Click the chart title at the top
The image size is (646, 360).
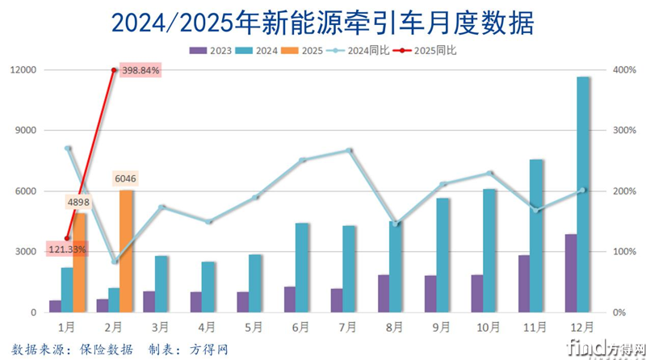[323, 22]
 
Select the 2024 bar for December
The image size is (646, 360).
[583, 194]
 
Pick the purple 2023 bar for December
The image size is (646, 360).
[570, 273]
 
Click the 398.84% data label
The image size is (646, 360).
[141, 70]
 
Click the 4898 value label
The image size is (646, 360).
[79, 202]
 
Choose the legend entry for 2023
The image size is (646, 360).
[212, 51]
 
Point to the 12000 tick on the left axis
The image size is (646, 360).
[25, 70]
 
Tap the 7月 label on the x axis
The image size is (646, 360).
[348, 327]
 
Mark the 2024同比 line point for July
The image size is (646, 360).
[349, 150]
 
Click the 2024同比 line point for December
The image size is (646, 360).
[583, 190]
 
